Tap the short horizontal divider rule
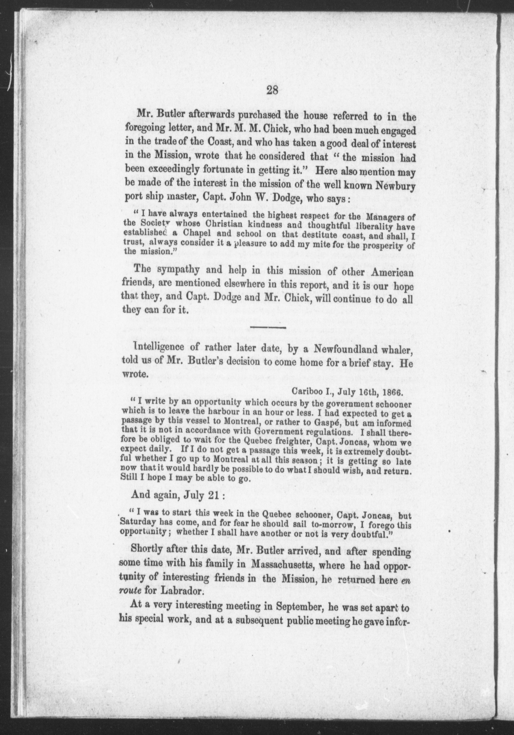268,327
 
